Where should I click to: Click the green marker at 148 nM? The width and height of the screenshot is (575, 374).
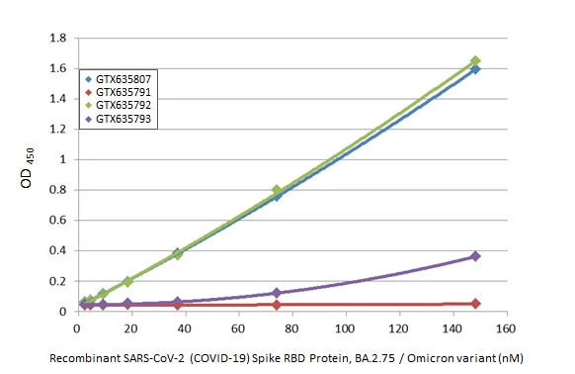(x=475, y=61)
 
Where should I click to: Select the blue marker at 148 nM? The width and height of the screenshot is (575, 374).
(x=475, y=69)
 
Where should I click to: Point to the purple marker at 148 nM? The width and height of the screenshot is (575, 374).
(x=475, y=256)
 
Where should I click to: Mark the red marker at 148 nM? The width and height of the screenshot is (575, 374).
(x=475, y=304)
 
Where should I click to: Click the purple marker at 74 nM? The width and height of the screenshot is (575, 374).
(x=277, y=293)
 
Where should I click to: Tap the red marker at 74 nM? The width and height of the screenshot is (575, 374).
(x=277, y=305)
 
